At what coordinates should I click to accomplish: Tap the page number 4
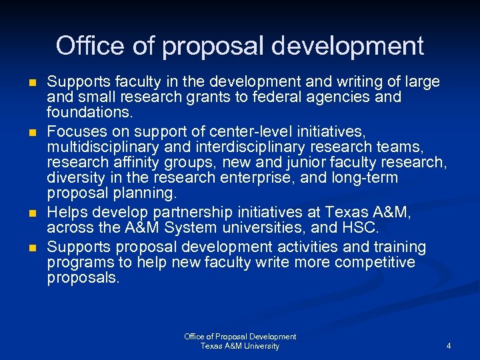[449, 346]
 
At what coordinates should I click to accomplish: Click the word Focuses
[75, 129]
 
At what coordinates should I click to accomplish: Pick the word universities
[248, 229]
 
